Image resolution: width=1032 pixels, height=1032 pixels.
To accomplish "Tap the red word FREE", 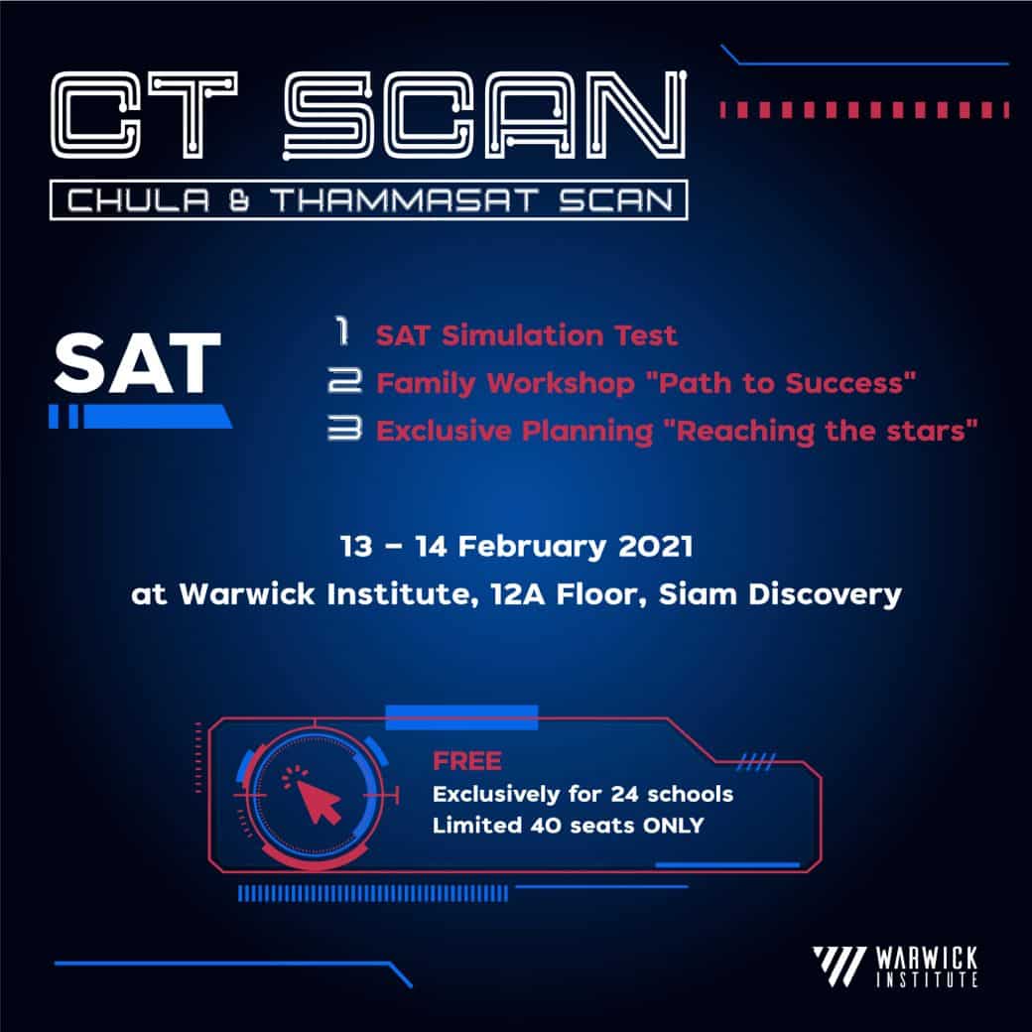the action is [x=467, y=761].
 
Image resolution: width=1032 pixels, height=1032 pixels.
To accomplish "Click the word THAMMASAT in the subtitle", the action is [x=406, y=200].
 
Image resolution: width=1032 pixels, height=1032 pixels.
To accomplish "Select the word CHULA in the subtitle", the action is [x=138, y=200].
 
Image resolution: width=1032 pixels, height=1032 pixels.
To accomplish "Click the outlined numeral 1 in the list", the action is [x=342, y=331].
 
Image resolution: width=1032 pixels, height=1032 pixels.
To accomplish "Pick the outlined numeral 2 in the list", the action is [x=345, y=380].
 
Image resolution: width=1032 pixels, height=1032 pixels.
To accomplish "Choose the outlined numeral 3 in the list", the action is [x=345, y=429].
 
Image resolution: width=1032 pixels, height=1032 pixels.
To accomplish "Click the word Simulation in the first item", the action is [x=523, y=335].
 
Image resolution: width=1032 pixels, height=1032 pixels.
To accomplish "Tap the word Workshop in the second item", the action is [x=561, y=384].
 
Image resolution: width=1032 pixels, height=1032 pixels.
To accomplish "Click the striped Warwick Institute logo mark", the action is [x=839, y=967].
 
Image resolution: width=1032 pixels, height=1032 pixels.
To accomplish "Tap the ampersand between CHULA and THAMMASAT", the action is [x=239, y=200].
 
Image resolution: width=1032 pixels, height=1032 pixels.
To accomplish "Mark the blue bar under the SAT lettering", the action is [x=140, y=417].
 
